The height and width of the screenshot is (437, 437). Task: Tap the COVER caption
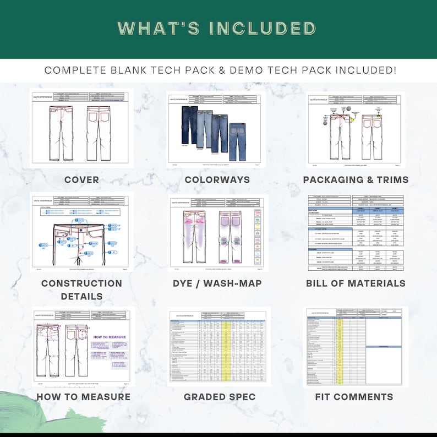point(81,180)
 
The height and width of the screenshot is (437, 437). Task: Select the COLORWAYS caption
point(217,180)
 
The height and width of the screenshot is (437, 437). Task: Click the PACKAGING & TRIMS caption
point(356,180)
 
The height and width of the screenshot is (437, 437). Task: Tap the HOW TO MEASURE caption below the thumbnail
point(83,397)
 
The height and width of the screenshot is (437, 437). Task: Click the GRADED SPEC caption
point(219,397)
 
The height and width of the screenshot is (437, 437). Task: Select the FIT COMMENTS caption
point(354,397)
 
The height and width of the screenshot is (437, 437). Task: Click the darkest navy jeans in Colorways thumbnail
point(190,124)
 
